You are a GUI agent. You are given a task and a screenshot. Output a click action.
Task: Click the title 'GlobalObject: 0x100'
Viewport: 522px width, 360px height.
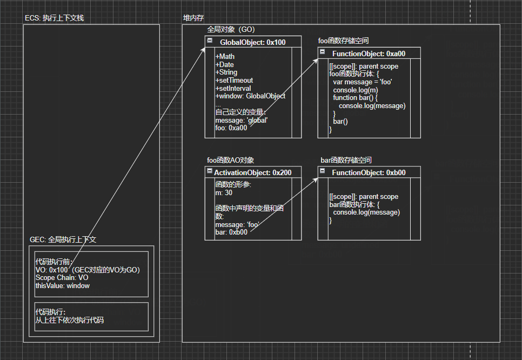coord(252,42)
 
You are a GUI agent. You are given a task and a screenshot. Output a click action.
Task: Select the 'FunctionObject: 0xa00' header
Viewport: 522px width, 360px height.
coord(369,54)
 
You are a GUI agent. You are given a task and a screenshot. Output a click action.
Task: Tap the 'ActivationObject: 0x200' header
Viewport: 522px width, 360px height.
coord(252,172)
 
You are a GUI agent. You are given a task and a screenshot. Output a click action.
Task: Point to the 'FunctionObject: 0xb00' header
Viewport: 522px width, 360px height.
coord(369,172)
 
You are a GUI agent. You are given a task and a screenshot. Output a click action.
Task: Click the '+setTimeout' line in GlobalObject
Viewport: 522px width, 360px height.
coord(234,81)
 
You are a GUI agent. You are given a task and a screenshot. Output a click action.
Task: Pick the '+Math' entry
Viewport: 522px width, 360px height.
coord(225,57)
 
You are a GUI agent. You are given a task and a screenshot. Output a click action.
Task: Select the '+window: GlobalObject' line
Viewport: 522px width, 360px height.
coord(250,96)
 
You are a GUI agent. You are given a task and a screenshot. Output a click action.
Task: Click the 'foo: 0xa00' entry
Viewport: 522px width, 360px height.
coord(231,128)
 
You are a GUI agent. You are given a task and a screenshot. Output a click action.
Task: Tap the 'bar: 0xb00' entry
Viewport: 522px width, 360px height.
coord(231,232)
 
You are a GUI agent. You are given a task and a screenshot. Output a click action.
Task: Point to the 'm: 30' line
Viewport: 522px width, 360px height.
coord(224,192)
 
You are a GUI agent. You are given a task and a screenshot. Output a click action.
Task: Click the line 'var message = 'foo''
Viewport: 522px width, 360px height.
coord(363,82)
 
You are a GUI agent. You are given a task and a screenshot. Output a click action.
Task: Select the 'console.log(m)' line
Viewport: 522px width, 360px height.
coord(356,90)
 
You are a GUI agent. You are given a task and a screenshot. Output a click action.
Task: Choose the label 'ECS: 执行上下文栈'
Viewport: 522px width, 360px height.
coord(54,18)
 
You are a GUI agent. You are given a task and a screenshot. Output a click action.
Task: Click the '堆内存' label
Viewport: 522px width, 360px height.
coord(193,18)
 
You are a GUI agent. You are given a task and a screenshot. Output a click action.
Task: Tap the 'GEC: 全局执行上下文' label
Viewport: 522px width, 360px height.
coord(63,239)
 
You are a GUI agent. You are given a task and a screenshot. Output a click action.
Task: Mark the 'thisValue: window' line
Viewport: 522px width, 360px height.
coord(62,285)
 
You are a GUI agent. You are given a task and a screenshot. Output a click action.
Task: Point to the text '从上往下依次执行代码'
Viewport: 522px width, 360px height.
coord(69,320)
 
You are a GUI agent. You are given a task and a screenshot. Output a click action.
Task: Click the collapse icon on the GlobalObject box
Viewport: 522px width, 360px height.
coord(210,41)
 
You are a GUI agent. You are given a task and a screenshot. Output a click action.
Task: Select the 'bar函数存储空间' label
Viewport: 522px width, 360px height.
coord(346,161)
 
